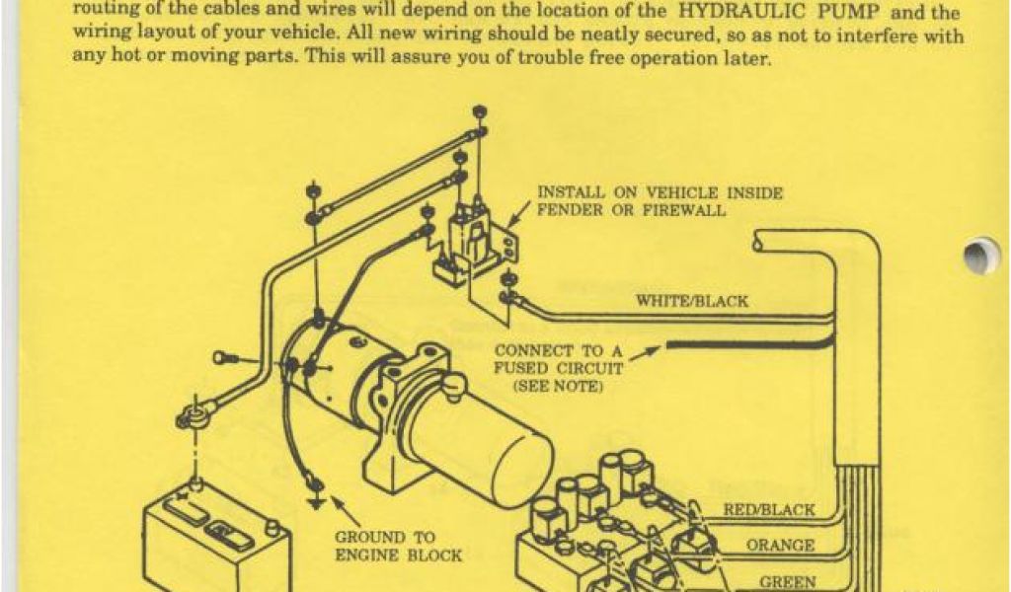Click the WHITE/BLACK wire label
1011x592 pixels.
691,301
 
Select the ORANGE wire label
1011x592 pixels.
780,546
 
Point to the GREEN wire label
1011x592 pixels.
787,582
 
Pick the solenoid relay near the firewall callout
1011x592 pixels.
472,242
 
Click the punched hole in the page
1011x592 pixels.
980,257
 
